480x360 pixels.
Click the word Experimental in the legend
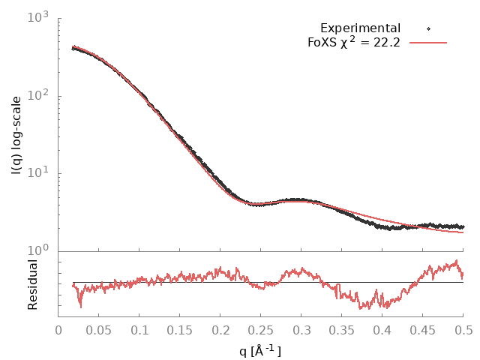click(360, 28)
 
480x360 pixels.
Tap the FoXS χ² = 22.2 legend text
click(354, 42)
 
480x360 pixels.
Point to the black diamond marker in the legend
click(428, 28)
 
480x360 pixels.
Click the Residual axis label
click(32, 284)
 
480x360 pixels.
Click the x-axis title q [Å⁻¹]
click(259, 350)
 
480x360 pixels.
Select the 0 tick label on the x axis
click(58, 329)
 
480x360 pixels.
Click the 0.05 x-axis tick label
click(99, 329)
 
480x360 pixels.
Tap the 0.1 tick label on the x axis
click(139, 329)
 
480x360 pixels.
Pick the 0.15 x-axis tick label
click(180, 329)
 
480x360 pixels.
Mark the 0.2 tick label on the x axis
click(220, 329)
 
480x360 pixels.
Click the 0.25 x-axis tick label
click(261, 329)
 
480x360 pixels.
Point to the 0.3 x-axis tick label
click(301, 329)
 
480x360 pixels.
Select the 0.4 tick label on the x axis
click(382, 329)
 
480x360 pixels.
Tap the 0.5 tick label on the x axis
click(463, 329)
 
